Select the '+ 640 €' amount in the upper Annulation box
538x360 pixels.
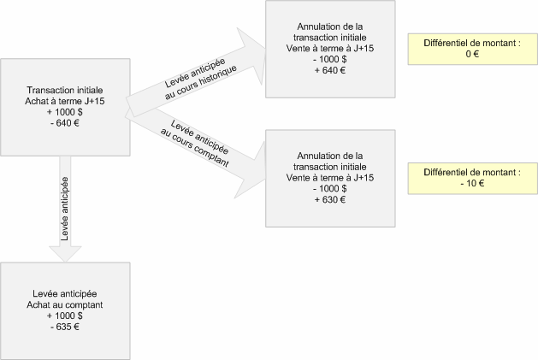point(330,71)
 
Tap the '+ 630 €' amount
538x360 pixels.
point(330,200)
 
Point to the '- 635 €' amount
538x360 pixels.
point(65,326)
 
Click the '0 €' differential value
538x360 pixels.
point(468,53)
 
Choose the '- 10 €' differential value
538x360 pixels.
point(468,182)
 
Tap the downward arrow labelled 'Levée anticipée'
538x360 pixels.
point(65,214)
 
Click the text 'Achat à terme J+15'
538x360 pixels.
point(65,99)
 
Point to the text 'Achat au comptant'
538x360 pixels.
point(65,304)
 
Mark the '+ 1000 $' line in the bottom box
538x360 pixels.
point(65,315)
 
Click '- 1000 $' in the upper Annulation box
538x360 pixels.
point(330,60)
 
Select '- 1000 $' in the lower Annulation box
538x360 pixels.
point(330,189)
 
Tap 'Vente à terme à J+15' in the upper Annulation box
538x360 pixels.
point(330,49)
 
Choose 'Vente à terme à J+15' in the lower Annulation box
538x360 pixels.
point(330,178)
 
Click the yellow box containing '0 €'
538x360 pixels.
point(468,48)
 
